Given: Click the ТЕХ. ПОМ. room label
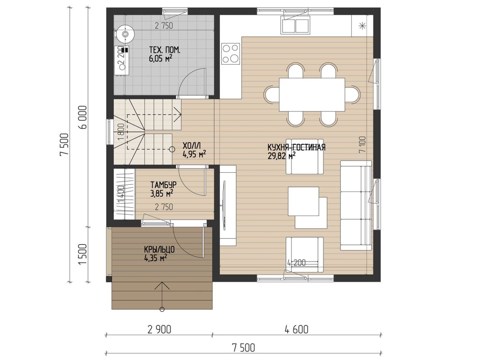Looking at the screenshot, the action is click(164, 49).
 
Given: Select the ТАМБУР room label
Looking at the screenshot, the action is click(163, 185).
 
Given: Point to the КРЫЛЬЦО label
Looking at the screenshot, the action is click(159, 250).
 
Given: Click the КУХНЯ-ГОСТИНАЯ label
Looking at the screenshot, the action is click(296, 147).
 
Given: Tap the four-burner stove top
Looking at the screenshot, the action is click(231, 53).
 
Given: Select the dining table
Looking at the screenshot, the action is click(312, 95).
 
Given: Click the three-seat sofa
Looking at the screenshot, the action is click(356, 205).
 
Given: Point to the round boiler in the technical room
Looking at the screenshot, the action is click(125, 33).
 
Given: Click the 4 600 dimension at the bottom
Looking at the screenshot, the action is click(296, 330).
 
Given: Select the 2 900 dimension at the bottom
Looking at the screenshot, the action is click(159, 330).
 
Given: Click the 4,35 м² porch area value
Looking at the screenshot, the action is click(156, 258).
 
